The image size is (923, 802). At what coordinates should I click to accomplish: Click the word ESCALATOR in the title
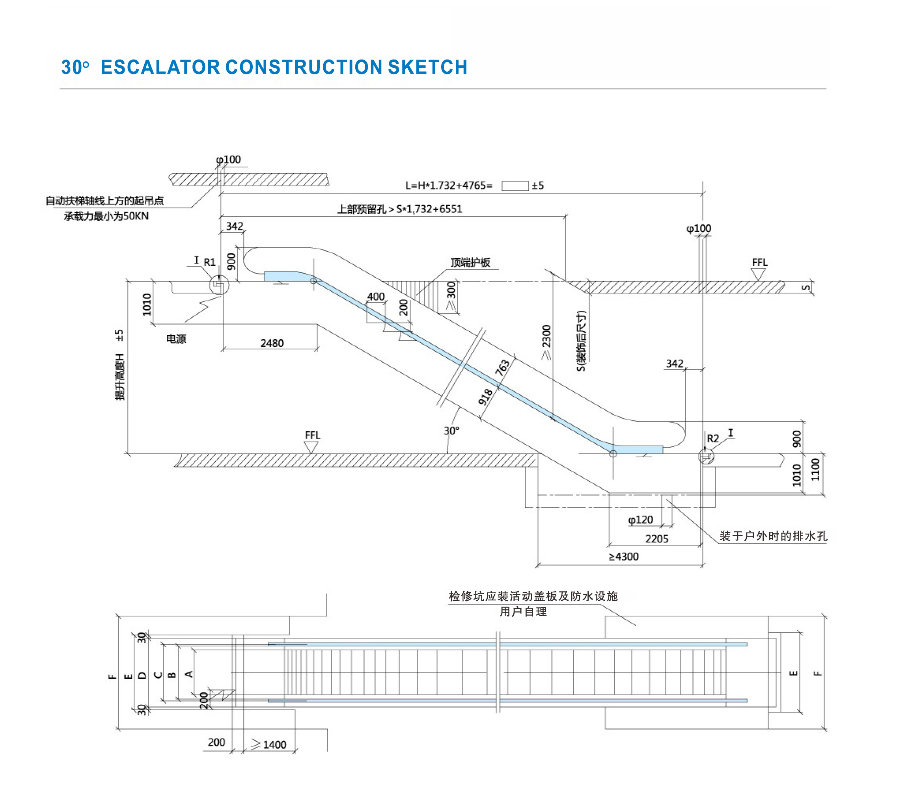pos(160,67)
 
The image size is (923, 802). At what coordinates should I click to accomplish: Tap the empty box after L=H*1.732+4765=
pos(515,186)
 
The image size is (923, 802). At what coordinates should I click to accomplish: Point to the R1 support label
pos(209,262)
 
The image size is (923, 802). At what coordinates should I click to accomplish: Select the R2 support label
pos(712,438)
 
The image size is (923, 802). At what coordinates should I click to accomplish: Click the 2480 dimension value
pos(272,343)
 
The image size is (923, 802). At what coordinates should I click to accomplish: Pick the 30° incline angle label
pos(451,431)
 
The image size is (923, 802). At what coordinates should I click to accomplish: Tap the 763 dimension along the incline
pos(502,367)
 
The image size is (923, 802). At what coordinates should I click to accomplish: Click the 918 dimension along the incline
pos(485,397)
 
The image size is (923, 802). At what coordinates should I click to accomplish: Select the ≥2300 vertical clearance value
pos(546,342)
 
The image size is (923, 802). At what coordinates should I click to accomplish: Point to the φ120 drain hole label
pos(640,520)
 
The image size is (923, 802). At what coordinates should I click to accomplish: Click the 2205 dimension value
pos(656,539)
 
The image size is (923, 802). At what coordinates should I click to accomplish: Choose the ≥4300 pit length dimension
pos(623,557)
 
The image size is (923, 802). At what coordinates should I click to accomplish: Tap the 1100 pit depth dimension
pos(815,469)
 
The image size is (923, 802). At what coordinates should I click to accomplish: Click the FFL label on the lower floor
pos(312,435)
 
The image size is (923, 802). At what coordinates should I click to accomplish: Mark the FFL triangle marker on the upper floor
pos(758,274)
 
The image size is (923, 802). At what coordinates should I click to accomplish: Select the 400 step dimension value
pos(376,296)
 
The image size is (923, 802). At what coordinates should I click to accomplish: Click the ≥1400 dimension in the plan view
pos(269,744)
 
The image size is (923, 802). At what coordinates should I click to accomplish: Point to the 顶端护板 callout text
pos(470,262)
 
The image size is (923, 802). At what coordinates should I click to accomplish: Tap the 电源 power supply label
pos(176,339)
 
